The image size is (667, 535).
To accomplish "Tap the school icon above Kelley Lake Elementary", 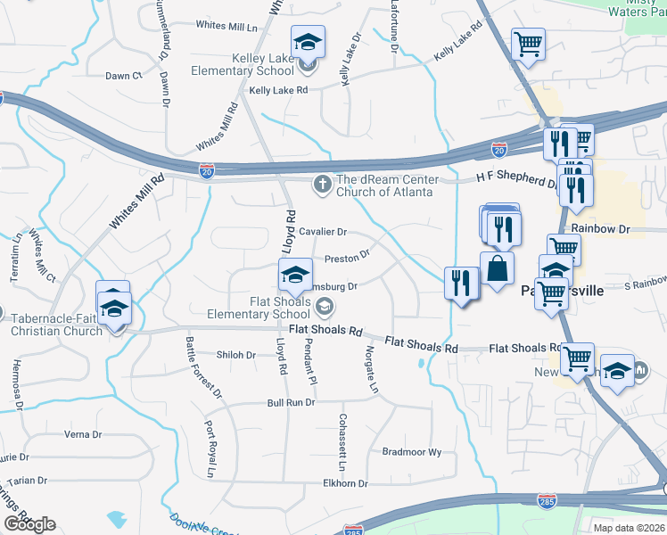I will click(308, 42).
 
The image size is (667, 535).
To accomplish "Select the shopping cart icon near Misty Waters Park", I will click(529, 44).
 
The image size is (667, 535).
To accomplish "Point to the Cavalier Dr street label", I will click(323, 232).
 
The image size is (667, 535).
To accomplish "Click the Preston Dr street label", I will click(347, 257).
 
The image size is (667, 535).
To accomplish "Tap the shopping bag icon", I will click(496, 268).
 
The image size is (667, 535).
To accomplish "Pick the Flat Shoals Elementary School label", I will click(259, 307).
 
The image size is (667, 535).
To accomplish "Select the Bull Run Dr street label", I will click(292, 403).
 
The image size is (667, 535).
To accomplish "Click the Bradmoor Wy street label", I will click(411, 452).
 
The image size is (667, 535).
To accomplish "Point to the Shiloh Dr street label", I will click(237, 355).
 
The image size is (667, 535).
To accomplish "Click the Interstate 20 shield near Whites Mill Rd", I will click(207, 169).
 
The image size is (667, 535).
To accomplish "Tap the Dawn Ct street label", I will click(124, 77).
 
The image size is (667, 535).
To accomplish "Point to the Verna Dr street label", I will click(83, 434).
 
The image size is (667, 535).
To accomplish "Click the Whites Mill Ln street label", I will click(226, 26).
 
